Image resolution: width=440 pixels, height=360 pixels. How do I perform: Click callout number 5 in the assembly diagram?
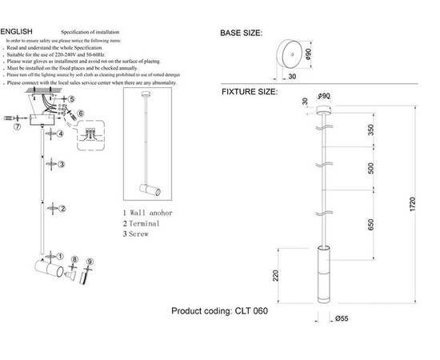(71, 99)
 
